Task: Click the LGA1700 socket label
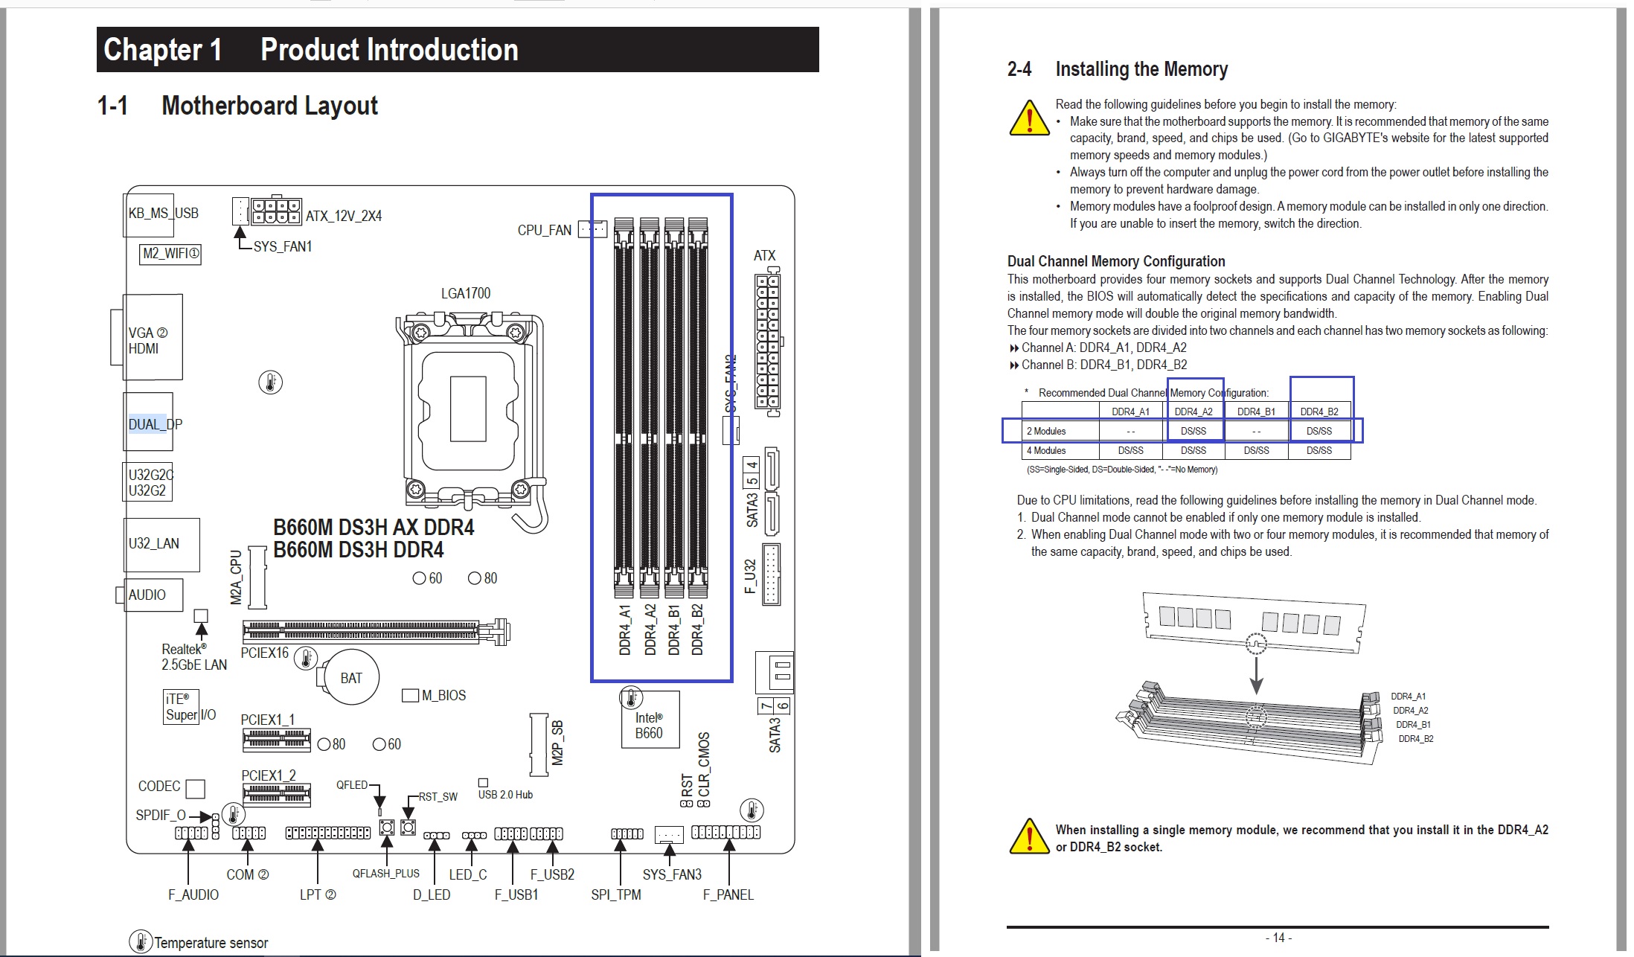pos(466,293)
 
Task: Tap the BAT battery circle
pos(351,678)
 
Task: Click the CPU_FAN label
pos(544,231)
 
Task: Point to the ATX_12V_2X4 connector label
pos(344,216)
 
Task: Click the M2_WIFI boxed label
pos(170,254)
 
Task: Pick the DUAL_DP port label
pos(155,424)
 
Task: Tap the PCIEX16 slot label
pos(264,653)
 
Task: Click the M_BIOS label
pos(443,695)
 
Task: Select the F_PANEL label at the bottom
pos(728,894)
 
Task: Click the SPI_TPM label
pos(615,894)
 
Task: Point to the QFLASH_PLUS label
pos(385,874)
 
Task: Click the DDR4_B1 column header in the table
pos(1256,412)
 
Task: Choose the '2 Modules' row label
pos(1046,431)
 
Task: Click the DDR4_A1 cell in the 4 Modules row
pos(1130,450)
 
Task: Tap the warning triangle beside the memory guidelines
pos(1029,119)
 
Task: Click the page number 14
pos(1278,938)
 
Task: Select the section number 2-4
pos(1019,69)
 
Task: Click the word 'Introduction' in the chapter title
pos(389,50)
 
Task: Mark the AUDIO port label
pos(147,595)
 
